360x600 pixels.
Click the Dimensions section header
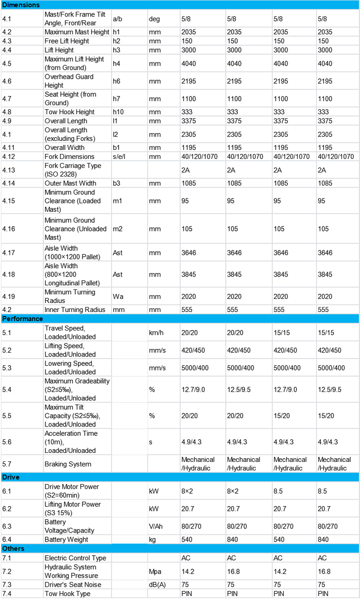[x=21, y=5]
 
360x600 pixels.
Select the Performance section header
[x=23, y=319]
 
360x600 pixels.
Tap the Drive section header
[x=11, y=477]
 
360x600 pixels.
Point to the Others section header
[x=14, y=549]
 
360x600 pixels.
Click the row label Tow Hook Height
[x=69, y=112]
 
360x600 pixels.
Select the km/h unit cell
[x=156, y=332]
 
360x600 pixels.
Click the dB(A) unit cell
[x=158, y=585]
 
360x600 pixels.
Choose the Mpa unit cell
[x=155, y=571]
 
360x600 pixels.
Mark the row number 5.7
[x=7, y=464]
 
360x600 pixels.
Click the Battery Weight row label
[x=66, y=539]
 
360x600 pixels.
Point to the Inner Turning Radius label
[x=75, y=310]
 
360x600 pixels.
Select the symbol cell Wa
[x=118, y=297]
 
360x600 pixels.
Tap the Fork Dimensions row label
[x=70, y=156]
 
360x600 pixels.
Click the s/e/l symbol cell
[x=120, y=156]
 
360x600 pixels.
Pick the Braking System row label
[x=67, y=464]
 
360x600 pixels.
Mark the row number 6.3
[x=7, y=526]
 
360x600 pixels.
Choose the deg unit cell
[x=154, y=19]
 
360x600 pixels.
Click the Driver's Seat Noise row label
[x=72, y=585]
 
